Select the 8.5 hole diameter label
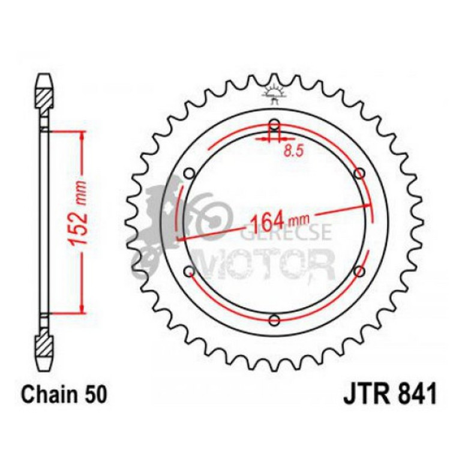(293, 151)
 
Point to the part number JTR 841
(389, 394)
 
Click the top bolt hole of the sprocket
(275, 124)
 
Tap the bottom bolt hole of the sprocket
(274, 320)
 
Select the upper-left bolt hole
(190, 173)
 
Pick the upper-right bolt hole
(359, 173)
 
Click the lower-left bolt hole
(190, 271)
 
